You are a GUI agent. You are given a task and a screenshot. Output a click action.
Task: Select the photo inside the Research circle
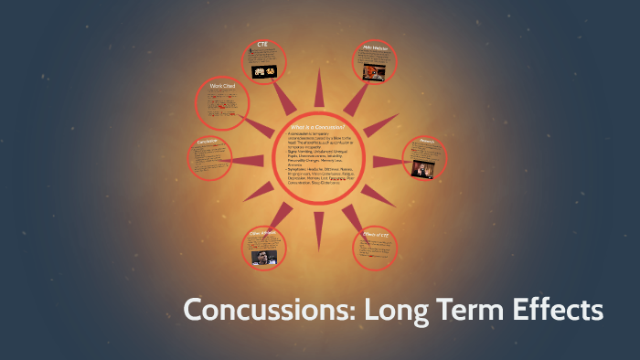[423, 166]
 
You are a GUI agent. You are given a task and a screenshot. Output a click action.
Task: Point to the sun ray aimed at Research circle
[386, 161]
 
